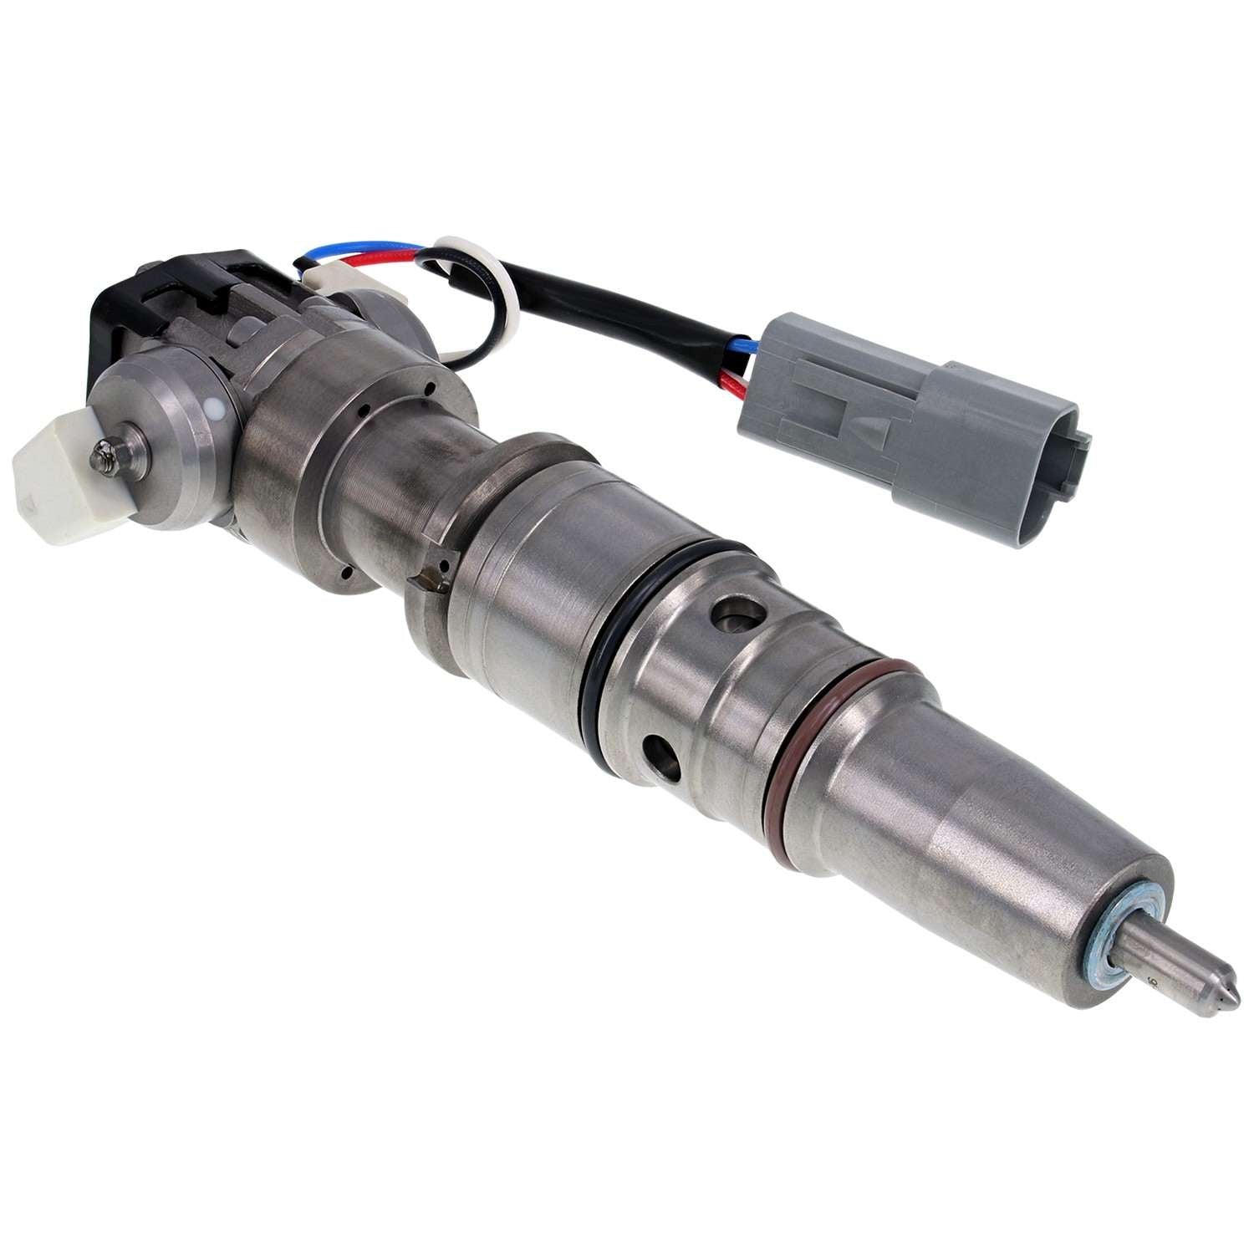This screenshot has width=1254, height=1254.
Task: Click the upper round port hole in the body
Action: click(x=737, y=619)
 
